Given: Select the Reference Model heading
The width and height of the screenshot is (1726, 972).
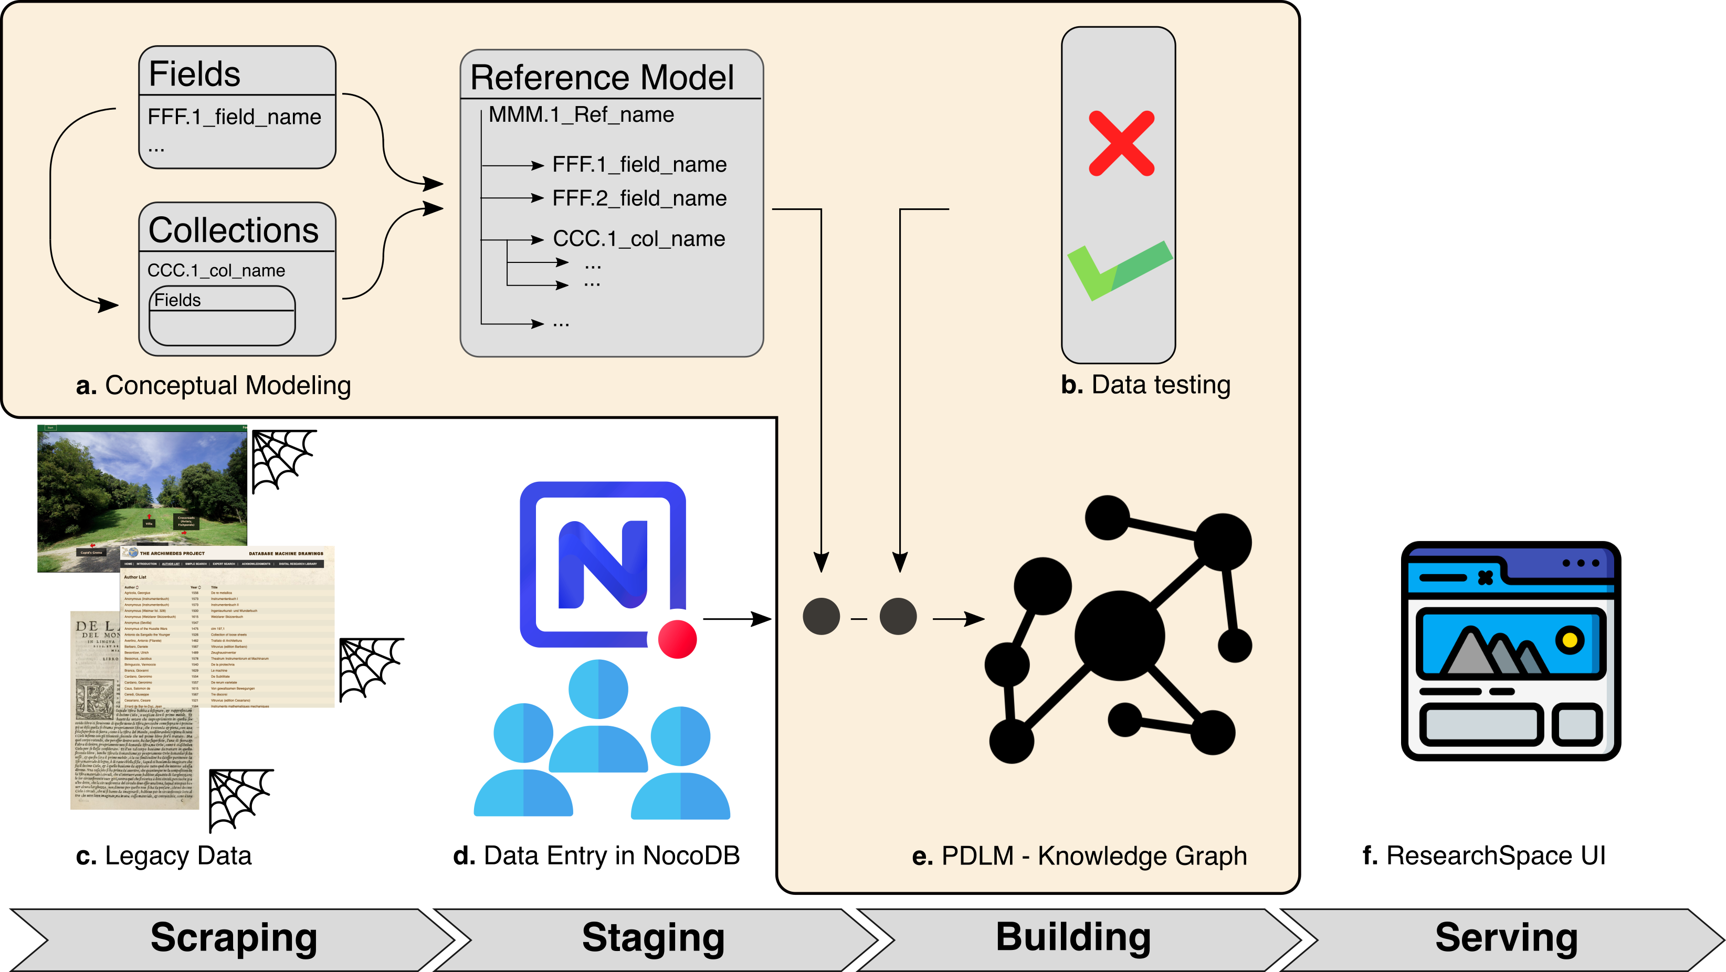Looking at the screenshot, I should click(602, 77).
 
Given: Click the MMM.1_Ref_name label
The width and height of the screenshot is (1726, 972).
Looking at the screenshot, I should click(581, 114).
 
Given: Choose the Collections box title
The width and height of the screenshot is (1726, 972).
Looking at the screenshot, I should click(233, 230).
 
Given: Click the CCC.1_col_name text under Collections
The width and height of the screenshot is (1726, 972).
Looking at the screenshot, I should click(216, 271).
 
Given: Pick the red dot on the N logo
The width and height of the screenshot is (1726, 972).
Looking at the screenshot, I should click(677, 639).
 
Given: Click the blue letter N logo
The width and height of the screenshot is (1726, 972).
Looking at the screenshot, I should click(602, 564).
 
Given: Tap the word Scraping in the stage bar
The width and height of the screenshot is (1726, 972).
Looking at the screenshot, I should click(233, 937).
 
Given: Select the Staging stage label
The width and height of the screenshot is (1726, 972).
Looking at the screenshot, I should click(653, 937).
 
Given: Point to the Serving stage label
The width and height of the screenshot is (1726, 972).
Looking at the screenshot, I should click(1506, 937).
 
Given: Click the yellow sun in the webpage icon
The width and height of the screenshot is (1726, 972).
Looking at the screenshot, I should click(1569, 640).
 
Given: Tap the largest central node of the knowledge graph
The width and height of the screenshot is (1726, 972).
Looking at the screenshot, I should click(1119, 635).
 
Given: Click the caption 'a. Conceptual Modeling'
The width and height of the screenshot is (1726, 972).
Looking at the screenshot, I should click(213, 386).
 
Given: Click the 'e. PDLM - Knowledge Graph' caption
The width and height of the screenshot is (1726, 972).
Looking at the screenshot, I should click(1079, 856).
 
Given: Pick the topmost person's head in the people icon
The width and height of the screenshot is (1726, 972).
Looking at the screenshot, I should click(598, 689).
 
